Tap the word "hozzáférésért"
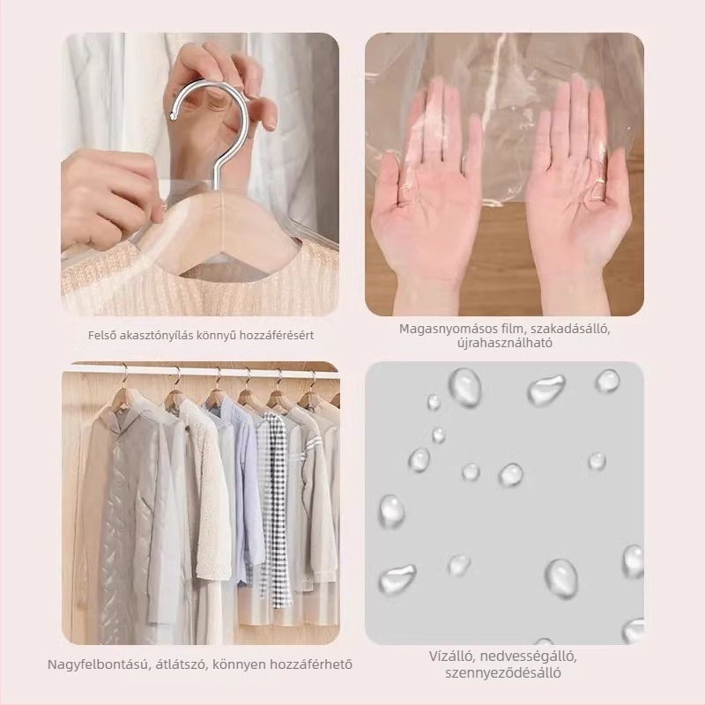tap(277, 336)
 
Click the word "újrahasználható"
tap(504, 343)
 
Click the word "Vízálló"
tap(452, 657)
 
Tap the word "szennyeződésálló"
tap(503, 673)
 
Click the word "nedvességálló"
tap(528, 657)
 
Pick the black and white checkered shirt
tap(275, 508)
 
